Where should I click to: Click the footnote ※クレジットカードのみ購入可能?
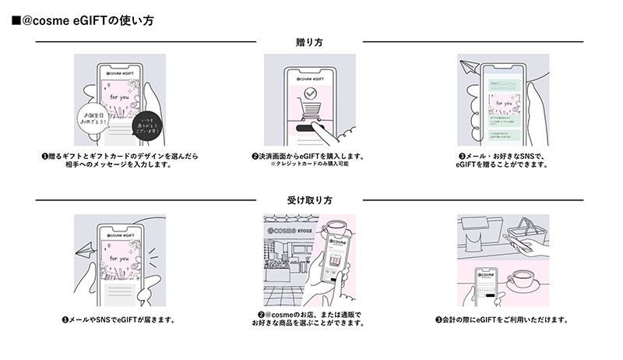coord(310,164)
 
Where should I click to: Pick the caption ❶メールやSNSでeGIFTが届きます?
coord(118,319)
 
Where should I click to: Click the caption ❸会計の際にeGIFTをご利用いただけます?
coord(502,319)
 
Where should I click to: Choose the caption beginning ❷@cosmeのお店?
coord(310,319)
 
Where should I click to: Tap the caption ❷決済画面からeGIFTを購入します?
coord(310,156)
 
